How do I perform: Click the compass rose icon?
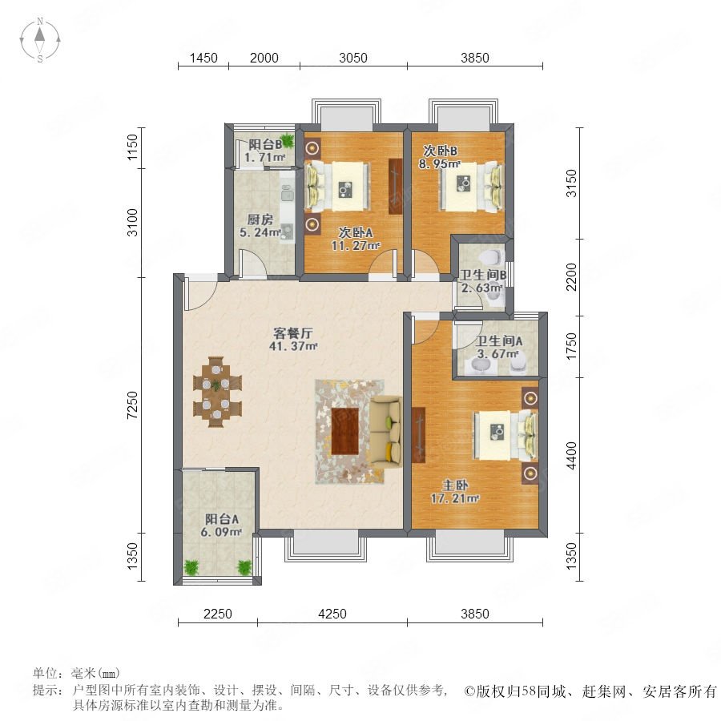[x=40, y=40]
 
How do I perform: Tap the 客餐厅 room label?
[x=293, y=332]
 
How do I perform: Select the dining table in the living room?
[x=217, y=392]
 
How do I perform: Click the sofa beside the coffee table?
[x=386, y=431]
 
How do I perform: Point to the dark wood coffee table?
[x=344, y=431]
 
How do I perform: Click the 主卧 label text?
[x=455, y=485]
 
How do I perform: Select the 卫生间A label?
[x=499, y=340]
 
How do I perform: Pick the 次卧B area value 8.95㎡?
[x=440, y=163]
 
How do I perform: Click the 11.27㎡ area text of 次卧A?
[x=356, y=246]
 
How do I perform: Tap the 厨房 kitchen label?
[x=260, y=220]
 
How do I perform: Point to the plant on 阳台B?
[x=287, y=139]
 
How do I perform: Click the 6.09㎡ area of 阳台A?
[x=221, y=532]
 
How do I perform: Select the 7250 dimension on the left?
[x=132, y=405]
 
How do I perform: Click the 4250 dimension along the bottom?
[x=332, y=614]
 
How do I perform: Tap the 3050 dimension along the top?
[x=353, y=58]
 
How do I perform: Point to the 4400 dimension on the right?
[x=571, y=456]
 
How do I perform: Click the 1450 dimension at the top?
[x=203, y=58]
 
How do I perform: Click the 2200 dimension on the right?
[x=571, y=277]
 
